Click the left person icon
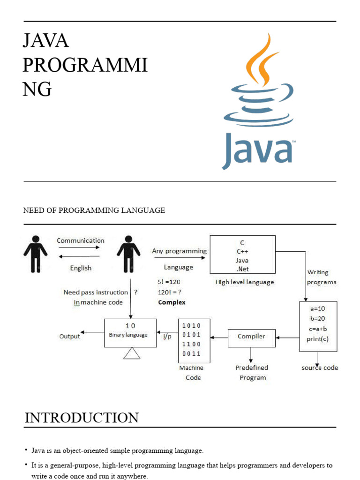(35, 254)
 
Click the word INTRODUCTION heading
(82, 418)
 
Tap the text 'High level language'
(245, 282)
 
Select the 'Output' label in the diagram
(69, 336)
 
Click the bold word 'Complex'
(172, 302)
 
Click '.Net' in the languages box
(242, 269)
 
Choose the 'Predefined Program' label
(252, 373)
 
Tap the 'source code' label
(320, 368)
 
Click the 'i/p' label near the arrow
(167, 337)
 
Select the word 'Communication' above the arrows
(81, 240)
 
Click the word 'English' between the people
(81, 268)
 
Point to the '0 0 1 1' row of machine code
(191, 353)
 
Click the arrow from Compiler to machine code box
(219, 337)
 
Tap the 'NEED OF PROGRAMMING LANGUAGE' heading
(94, 210)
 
